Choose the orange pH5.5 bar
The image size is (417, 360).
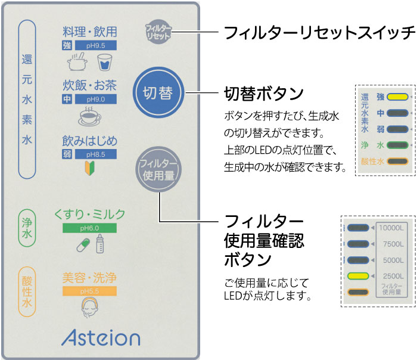point(89,291)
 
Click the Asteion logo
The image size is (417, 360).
point(99,337)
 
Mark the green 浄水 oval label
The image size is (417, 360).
point(27,229)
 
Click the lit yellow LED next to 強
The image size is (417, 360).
point(397,96)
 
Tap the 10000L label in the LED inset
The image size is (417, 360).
point(391,227)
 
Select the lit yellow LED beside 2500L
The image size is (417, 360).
point(357,275)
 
